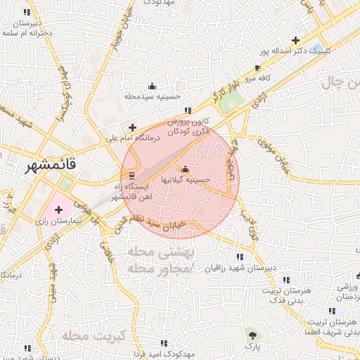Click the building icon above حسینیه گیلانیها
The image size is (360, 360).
185,169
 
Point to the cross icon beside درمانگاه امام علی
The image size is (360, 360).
132,127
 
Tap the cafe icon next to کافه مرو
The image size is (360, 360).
258,67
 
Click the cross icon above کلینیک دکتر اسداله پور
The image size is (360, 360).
295,40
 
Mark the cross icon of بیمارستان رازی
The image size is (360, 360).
58,209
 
